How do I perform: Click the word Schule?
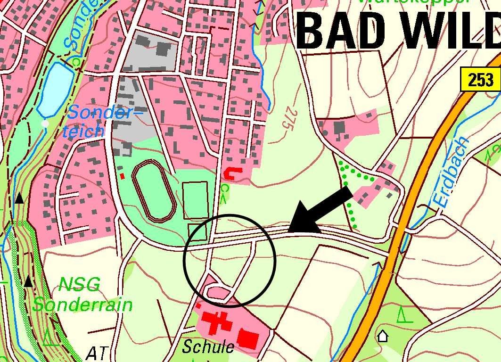tap(208, 347)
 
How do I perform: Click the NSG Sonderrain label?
tap(82, 295)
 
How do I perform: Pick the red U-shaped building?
tap(231, 173)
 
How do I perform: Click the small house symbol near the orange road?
tap(383, 336)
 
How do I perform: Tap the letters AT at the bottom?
tap(98, 352)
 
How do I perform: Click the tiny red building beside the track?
tap(123, 176)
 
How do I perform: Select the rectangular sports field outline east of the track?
tap(195, 200)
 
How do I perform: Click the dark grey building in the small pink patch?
tap(339, 127)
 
